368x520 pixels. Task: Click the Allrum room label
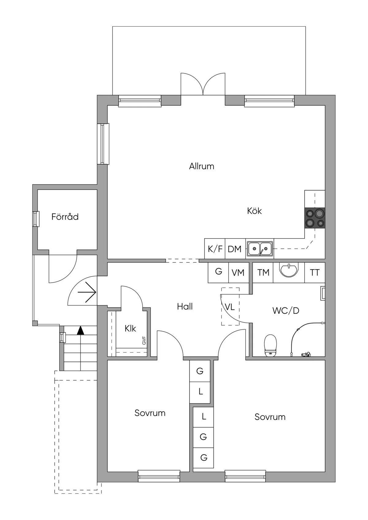coord(201,166)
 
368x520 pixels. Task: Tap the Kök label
coord(254,211)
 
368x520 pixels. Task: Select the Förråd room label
coord(65,217)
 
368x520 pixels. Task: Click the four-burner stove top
coord(315,218)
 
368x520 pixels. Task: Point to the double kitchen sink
coord(260,249)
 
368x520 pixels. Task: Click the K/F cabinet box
coord(215,249)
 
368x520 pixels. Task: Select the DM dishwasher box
coord(235,249)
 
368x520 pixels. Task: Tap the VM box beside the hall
coord(238,272)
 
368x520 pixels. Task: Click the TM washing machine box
coord(263,272)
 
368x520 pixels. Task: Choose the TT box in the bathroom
coord(315,272)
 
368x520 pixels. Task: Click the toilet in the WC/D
coord(270,345)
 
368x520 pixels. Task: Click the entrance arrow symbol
coord(87,292)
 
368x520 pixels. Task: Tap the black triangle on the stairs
coord(80,330)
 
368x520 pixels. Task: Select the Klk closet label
coord(130,329)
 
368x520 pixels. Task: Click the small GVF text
coord(144,340)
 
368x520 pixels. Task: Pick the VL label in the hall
coord(230,307)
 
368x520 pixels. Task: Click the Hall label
coord(185,306)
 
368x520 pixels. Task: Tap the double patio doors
coord(203,84)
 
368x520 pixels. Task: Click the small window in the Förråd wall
coord(36,219)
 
